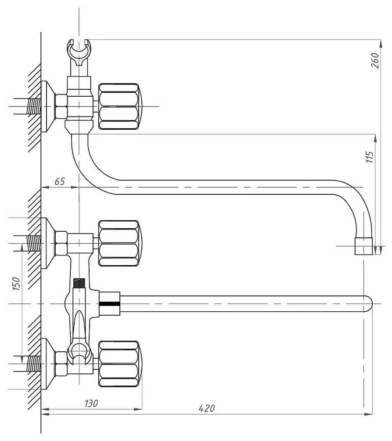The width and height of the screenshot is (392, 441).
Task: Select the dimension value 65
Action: pos(60,181)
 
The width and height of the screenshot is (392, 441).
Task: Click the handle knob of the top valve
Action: pos(120,106)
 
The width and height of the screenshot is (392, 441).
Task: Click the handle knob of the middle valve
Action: pos(120,243)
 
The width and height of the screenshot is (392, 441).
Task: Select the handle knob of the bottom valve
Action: pos(120,363)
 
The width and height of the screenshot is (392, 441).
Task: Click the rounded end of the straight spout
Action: pos(368,304)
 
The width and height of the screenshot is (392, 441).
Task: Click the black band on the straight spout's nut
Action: pos(109,304)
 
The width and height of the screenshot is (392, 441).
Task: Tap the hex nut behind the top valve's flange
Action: pos(61,106)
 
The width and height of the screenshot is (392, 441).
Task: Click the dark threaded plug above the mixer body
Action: pos(79,283)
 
